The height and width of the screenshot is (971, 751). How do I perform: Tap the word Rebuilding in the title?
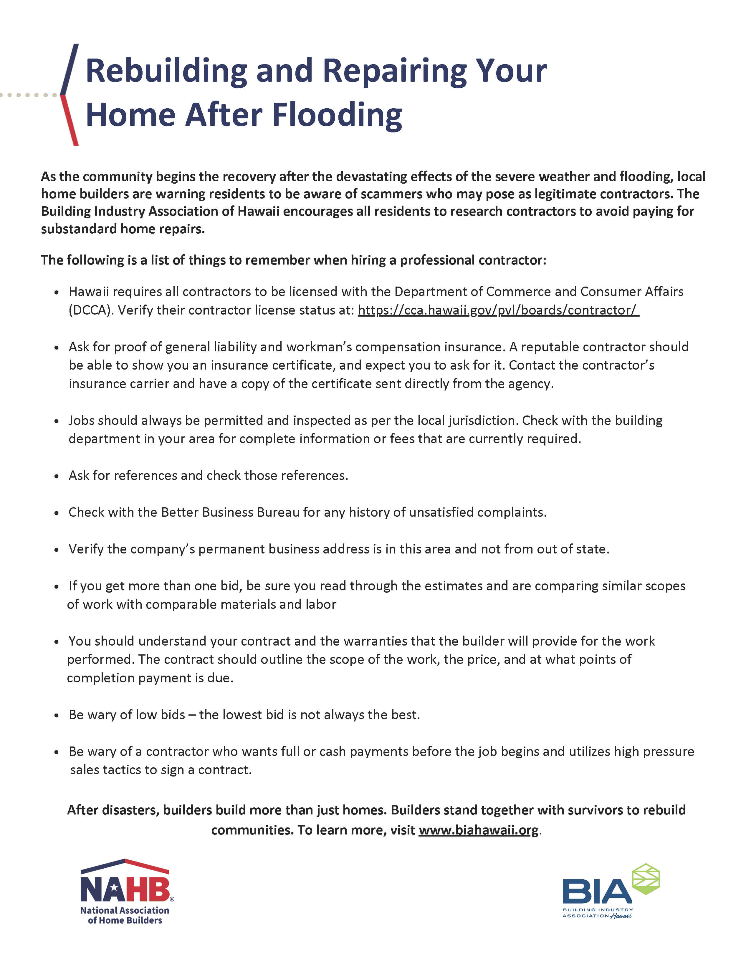tap(166, 71)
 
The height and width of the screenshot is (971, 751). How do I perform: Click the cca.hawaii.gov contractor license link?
tap(498, 310)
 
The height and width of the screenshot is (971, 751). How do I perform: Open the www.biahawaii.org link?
tap(478, 830)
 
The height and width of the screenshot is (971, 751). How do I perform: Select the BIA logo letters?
tap(596, 892)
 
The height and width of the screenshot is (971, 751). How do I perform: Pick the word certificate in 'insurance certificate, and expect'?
tap(304, 365)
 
